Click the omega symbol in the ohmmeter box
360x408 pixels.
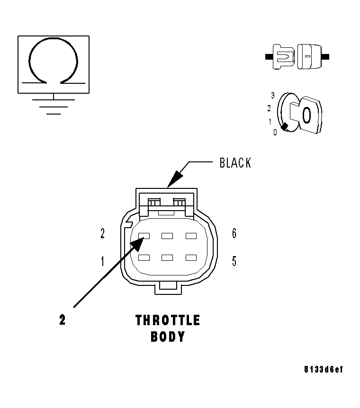53,62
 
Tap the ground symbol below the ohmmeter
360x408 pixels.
53,105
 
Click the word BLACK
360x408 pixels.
235,163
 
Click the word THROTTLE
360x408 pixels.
168,320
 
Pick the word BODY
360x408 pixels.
168,337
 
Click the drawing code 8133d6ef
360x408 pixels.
323,369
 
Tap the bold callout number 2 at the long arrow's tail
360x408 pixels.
62,320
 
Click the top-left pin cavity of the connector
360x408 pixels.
144,235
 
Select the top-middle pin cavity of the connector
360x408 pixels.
167,235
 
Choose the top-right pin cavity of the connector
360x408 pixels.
191,235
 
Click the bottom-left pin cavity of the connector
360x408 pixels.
144,257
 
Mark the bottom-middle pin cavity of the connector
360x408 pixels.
167,257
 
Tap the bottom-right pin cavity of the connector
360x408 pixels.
191,257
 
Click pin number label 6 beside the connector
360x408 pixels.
234,233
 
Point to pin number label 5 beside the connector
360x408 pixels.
234,261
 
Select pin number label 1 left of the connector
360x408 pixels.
102,261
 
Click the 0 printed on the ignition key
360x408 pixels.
306,115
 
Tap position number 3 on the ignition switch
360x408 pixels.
273,96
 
